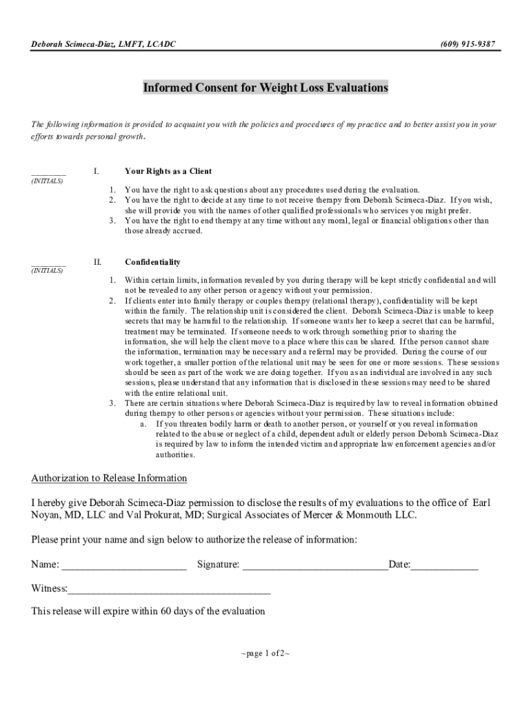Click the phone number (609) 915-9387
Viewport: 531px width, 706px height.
467,44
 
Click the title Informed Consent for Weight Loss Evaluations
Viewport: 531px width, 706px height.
265,88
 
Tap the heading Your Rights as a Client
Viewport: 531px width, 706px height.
168,171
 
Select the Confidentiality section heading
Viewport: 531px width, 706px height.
152,262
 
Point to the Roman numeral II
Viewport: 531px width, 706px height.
97,262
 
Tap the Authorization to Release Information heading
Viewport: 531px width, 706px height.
109,478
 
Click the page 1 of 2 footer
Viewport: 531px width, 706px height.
265,654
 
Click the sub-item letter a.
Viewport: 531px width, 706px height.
142,424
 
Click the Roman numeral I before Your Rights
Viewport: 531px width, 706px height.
97,171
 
